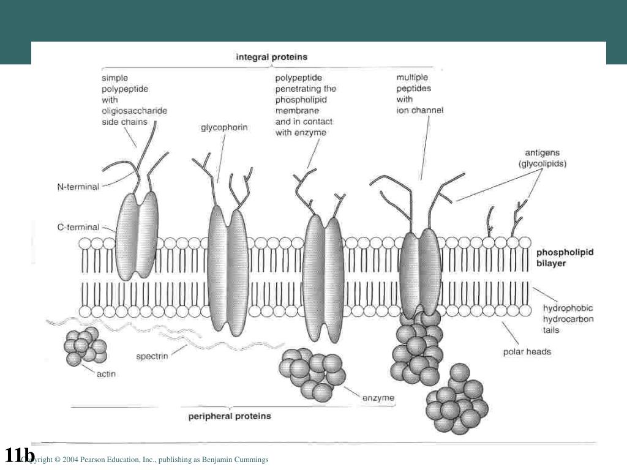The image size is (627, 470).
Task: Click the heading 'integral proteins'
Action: point(272,57)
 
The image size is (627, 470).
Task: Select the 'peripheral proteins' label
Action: point(228,416)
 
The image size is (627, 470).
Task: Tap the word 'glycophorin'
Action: point(224,128)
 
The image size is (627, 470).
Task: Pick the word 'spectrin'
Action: point(152,355)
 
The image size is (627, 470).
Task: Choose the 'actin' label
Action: point(106,373)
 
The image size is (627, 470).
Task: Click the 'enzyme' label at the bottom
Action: point(378,398)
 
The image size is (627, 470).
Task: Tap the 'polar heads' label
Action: point(527,351)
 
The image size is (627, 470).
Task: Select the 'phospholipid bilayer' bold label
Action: point(565,258)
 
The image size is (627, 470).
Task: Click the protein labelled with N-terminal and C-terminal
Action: point(137,236)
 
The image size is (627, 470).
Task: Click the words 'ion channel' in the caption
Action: point(419,111)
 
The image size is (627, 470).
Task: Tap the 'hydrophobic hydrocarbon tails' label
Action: point(568,319)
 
